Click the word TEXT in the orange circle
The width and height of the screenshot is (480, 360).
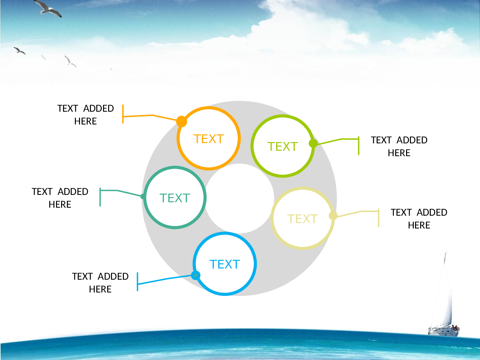pos(209,139)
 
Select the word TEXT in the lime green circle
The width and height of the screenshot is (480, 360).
pos(283,147)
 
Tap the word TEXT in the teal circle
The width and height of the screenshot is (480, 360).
pos(175,198)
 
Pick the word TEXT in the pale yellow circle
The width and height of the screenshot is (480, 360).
pos(302,219)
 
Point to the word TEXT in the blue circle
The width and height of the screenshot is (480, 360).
pos(225,264)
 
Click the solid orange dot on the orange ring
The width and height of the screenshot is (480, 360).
pos(181,121)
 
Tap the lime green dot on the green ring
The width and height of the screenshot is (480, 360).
pos(313,143)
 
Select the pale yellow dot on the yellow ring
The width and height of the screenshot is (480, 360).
pos(333,216)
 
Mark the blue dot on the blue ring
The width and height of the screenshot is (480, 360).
pos(196,276)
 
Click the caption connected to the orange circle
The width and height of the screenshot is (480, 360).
pos(85,115)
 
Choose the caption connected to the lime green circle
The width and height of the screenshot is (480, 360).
pos(399,147)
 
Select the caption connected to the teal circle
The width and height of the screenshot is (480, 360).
pos(60,198)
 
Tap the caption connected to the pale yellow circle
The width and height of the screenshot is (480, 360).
pos(419,219)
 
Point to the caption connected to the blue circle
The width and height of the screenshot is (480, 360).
pos(100,283)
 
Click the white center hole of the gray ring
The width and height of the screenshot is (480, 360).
pos(239,198)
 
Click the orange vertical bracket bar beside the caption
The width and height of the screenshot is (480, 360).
pos(123,114)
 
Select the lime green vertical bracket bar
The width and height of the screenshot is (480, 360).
pos(359,146)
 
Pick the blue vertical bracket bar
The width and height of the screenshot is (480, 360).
pos(137,282)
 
